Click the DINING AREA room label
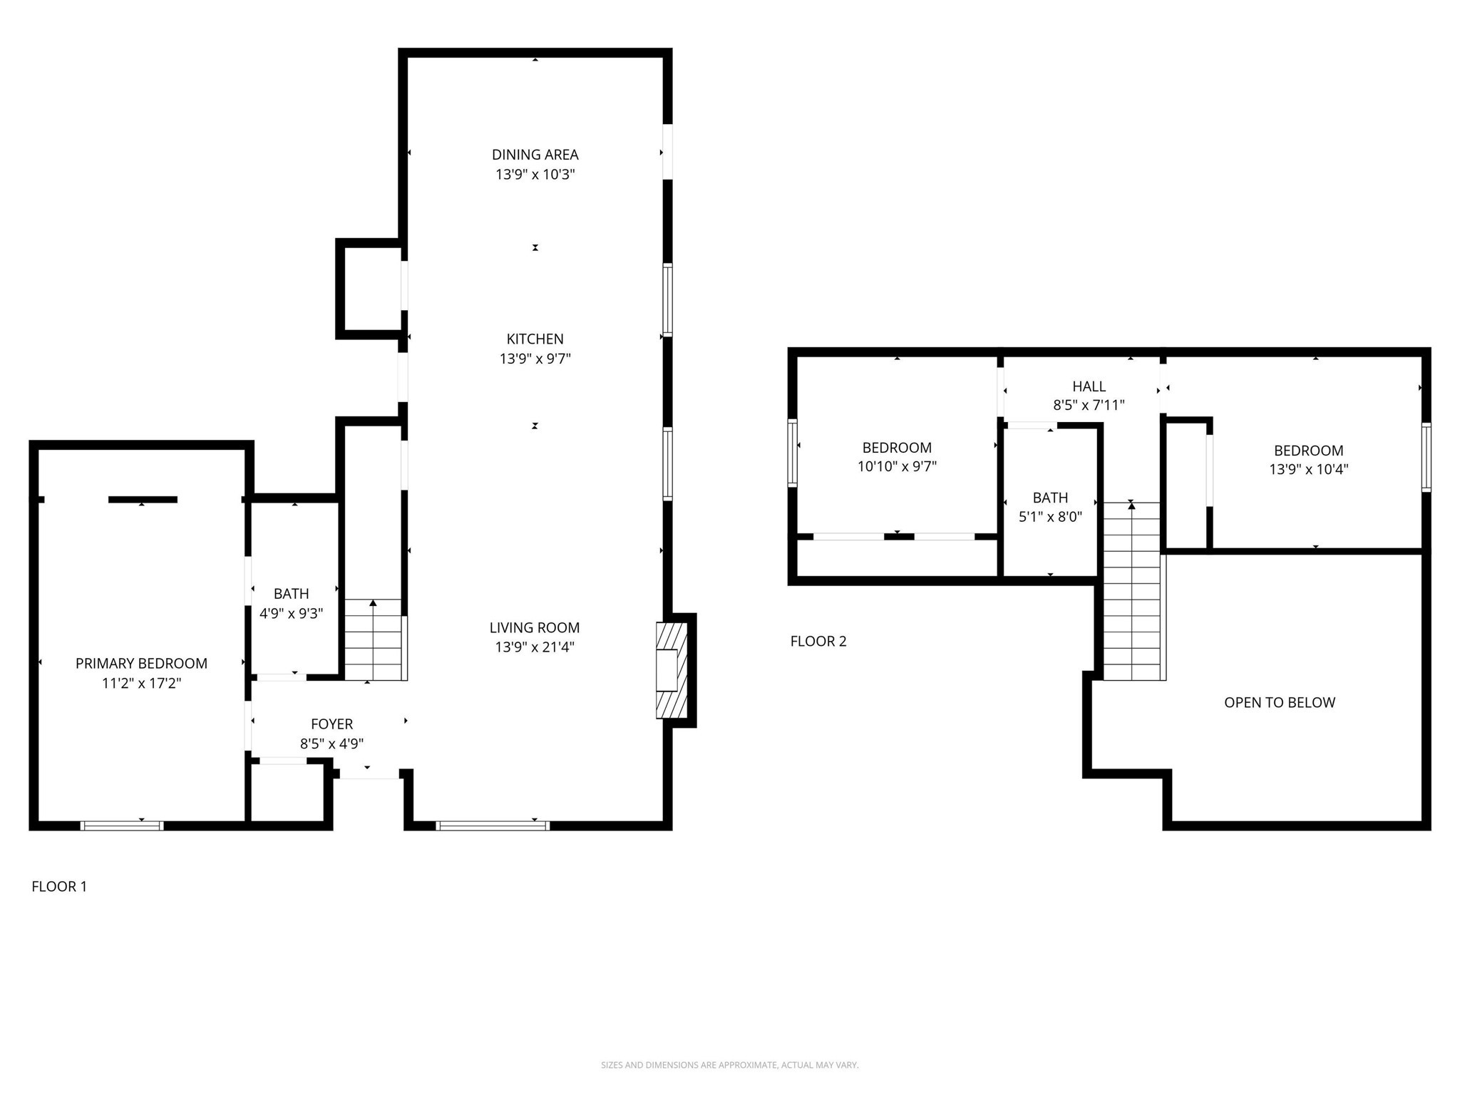535,155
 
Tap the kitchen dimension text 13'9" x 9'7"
535,359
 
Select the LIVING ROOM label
535,628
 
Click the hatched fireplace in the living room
672,670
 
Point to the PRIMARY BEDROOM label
141,664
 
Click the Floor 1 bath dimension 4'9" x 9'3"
291,613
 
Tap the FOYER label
331,724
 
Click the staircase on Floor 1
374,639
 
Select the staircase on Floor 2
1132,592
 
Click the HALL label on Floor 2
1089,386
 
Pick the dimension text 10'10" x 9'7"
897,466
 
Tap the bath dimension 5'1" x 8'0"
1050,517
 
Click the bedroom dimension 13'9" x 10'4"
1308,469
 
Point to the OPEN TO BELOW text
1279,703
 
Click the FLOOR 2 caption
818,642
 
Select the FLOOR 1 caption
59,887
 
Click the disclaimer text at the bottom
729,1065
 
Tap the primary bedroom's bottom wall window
122,826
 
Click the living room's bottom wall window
493,826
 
